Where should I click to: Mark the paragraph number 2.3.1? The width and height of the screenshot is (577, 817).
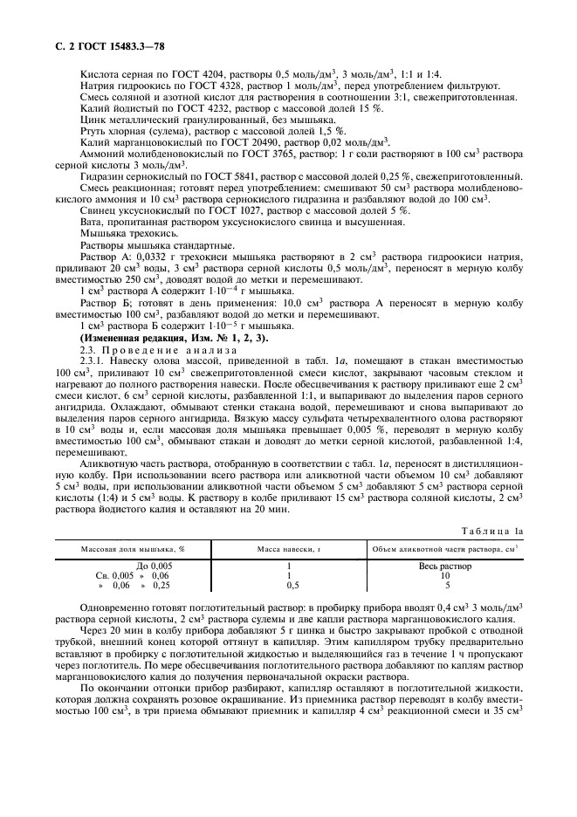pyautogui.click(x=93, y=360)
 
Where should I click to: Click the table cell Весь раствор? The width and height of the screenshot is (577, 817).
pyautogui.click(x=444, y=566)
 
